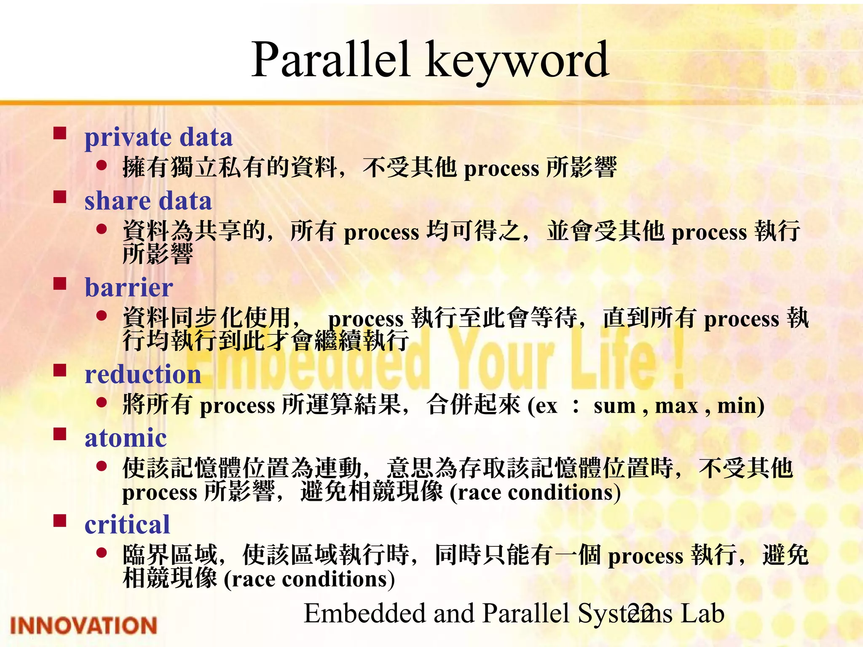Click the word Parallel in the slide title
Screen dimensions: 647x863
click(x=331, y=60)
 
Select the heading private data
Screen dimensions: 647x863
click(x=158, y=137)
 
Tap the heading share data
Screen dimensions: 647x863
click(x=148, y=201)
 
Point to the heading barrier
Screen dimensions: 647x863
click(x=129, y=288)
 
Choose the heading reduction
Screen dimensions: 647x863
click(x=143, y=374)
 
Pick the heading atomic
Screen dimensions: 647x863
click(x=126, y=438)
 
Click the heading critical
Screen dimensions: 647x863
click(x=127, y=525)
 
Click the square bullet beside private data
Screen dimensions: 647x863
click(x=60, y=133)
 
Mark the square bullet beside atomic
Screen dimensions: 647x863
click(x=60, y=434)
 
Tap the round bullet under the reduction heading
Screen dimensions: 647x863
click(x=102, y=402)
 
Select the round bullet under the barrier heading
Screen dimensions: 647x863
click(x=102, y=315)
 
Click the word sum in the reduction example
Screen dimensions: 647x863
click(x=614, y=406)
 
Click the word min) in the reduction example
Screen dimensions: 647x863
click(x=741, y=406)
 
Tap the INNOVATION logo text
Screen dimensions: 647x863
click(x=83, y=626)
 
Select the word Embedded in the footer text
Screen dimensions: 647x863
click(x=364, y=613)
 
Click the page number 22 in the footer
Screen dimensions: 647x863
click(x=640, y=613)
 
